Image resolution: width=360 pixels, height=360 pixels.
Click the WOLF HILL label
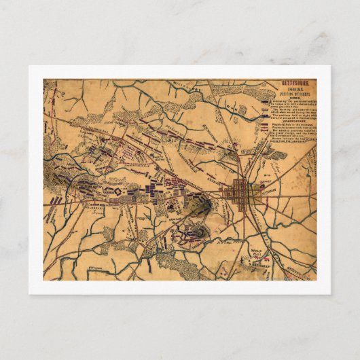(x=256, y=253)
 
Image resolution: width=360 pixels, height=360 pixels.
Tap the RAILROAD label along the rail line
(x=285, y=170)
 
